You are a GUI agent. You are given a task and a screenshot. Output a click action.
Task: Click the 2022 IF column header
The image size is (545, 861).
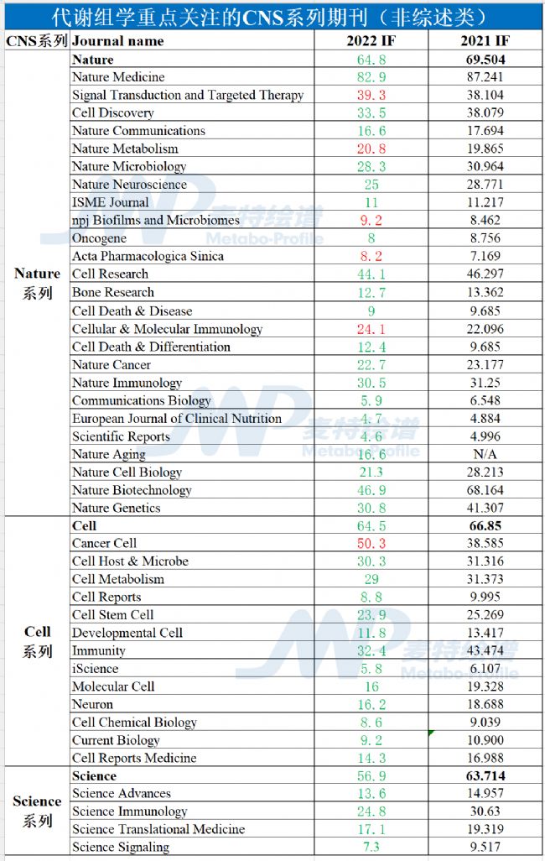[x=371, y=41]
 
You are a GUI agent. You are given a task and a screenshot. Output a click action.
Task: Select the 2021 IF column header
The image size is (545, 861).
[x=485, y=41]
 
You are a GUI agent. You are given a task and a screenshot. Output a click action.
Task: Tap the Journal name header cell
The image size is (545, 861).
[x=118, y=41]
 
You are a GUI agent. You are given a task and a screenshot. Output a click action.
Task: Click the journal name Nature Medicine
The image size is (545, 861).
[x=118, y=77]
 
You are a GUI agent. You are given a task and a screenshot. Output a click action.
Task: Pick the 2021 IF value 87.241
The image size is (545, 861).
[x=486, y=77]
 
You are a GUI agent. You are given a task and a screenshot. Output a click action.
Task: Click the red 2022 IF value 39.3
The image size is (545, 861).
[x=371, y=96]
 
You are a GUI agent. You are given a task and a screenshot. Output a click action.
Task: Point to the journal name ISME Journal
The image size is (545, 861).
[x=110, y=202]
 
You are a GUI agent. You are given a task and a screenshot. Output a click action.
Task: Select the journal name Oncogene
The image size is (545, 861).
[x=100, y=238]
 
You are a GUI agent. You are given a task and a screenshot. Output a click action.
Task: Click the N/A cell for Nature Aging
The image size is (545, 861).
[x=486, y=454]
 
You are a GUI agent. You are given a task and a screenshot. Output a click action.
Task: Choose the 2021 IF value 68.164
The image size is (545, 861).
[x=486, y=490]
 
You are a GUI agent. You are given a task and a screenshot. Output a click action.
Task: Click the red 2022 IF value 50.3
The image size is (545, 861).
[x=371, y=544]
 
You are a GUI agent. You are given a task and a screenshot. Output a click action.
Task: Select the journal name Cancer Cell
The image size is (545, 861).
[x=104, y=544]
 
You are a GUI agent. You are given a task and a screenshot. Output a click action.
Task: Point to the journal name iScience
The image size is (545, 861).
[x=95, y=669]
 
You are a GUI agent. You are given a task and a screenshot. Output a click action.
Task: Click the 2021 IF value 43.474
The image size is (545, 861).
[x=486, y=650]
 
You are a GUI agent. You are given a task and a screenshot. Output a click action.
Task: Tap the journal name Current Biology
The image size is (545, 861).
[x=116, y=740]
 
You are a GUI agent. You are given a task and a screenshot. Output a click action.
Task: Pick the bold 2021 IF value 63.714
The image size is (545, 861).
[x=486, y=776]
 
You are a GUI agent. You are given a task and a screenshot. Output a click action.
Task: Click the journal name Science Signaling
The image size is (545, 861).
[x=121, y=847]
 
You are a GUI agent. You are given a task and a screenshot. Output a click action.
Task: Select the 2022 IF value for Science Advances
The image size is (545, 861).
[x=371, y=794]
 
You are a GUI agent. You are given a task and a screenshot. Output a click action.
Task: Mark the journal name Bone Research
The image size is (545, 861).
[x=113, y=292]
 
